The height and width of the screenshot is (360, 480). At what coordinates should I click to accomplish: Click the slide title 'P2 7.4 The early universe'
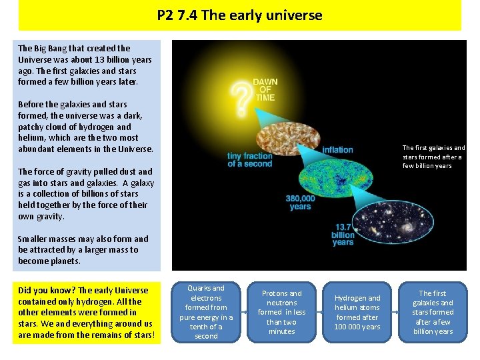pos(239,15)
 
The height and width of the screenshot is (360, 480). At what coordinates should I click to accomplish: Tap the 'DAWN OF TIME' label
pos(265,89)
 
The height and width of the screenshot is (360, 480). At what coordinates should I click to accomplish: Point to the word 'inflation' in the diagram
pos(337,149)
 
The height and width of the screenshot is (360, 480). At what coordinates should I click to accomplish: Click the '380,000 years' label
pos(300,202)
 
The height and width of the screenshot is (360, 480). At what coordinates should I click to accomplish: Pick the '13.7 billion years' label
pos(343,235)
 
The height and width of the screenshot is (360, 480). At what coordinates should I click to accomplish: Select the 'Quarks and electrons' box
pos(205,312)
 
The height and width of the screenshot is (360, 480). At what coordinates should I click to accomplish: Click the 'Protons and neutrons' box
pos(281,312)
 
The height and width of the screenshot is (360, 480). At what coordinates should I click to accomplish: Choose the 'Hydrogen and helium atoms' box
pos(357,312)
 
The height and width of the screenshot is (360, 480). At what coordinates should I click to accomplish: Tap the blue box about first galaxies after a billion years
pos(433,312)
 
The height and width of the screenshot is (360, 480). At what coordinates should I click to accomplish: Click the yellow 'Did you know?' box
pos(87,313)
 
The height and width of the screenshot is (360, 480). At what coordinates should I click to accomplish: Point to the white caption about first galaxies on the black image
pos(433,157)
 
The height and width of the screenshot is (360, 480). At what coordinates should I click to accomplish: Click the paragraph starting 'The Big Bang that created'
pos(85,65)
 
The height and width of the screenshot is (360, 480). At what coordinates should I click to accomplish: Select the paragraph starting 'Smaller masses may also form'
pos(83,250)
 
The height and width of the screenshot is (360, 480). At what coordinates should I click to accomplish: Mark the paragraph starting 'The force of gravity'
pos(86,194)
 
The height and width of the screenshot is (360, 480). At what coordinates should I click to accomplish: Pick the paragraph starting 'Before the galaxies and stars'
pos(85,127)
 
